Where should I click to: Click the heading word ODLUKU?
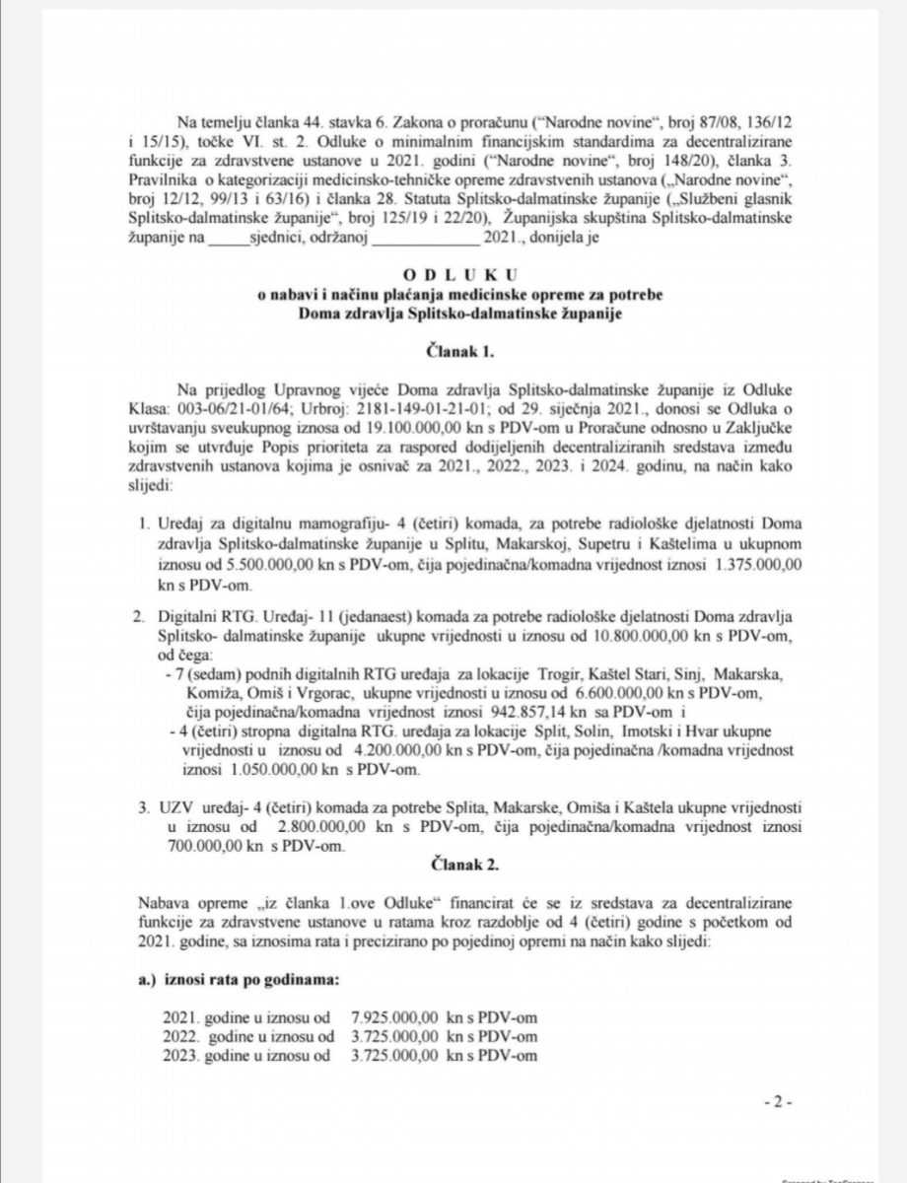coord(453,272)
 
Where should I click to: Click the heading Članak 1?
coord(453,349)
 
